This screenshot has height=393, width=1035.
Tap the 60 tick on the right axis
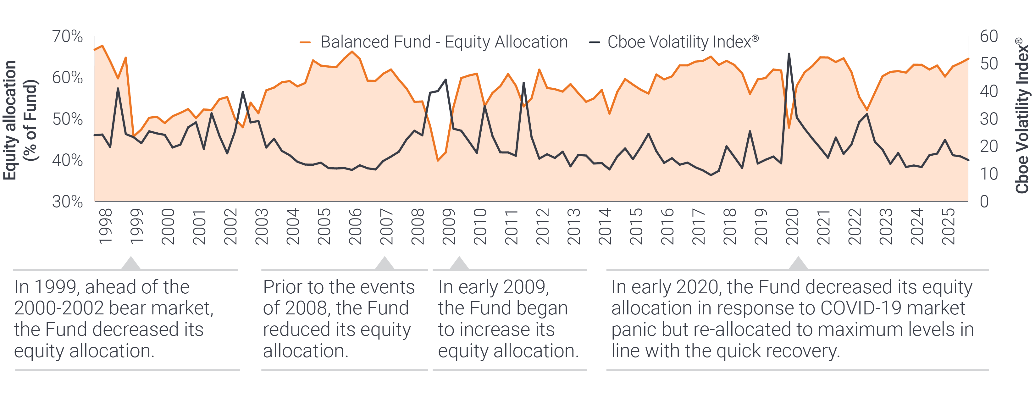click(989, 36)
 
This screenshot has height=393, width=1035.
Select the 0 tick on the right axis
click(984, 201)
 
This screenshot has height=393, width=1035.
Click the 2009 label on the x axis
click(448, 227)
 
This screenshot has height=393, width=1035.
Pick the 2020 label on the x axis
click(792, 227)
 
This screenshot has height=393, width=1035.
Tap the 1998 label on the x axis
click(105, 227)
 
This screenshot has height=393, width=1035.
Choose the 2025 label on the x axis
click(949, 227)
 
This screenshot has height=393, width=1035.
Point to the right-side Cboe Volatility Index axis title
click(1022, 116)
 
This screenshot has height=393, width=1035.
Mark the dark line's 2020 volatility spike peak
click(789, 53)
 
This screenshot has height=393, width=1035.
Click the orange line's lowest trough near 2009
click(438, 160)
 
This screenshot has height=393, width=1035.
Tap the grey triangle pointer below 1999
click(130, 263)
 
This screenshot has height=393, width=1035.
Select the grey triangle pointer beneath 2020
click(798, 263)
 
